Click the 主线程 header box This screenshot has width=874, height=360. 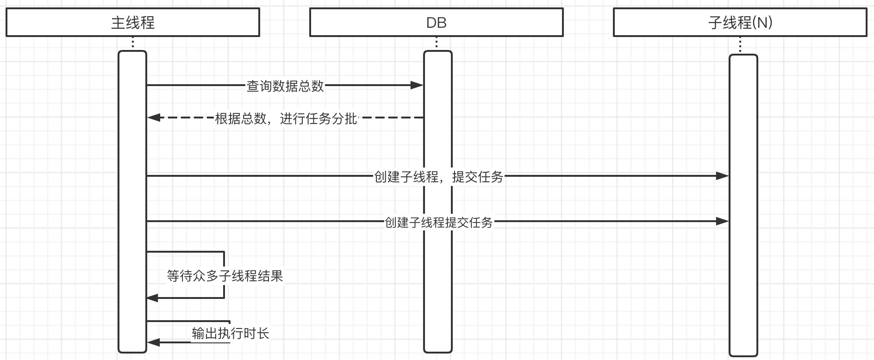tap(133, 22)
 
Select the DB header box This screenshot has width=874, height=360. tap(436, 22)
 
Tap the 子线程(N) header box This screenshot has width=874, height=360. tap(740, 22)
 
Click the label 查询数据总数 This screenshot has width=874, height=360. tap(285, 86)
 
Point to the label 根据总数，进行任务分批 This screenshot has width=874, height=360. tap(286, 118)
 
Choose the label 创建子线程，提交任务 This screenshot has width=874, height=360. tap(438, 177)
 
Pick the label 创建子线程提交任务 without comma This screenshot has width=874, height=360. tap(438, 223)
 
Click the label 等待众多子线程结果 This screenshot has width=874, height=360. tap(225, 276)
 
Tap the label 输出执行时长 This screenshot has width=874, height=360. tap(230, 333)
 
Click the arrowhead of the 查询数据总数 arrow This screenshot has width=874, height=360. tap(417, 85)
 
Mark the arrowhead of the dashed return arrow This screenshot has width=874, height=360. tap(154, 118)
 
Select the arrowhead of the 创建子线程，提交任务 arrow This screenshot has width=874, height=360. tap(723, 176)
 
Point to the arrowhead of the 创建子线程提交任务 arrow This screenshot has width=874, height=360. tap(723, 221)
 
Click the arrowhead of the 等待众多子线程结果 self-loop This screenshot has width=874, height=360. tap(153, 298)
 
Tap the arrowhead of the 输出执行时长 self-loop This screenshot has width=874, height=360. tap(154, 342)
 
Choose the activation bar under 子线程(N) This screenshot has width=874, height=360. tap(743, 278)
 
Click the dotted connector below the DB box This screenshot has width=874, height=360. tap(437, 43)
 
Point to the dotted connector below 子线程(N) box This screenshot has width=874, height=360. tap(740, 45)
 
